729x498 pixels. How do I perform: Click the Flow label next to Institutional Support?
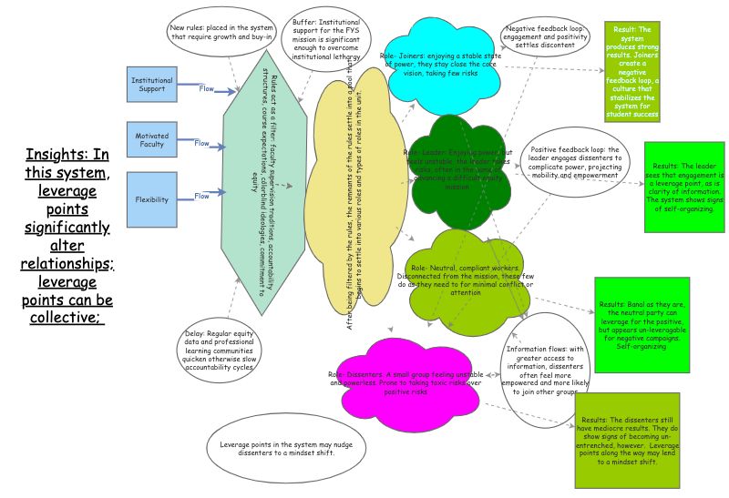[x=207, y=88]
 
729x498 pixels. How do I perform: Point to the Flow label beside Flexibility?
[x=201, y=195]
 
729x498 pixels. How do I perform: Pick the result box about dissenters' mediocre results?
[x=628, y=441]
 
